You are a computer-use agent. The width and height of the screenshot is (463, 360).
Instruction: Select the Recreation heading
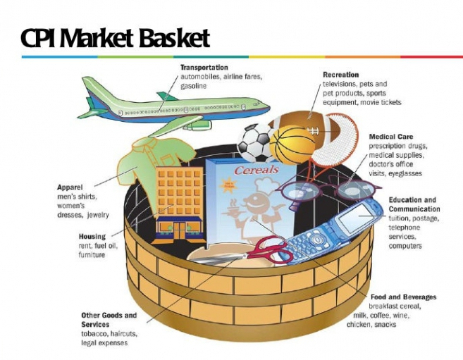tap(340, 75)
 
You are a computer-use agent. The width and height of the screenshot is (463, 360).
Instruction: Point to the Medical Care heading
tap(390, 137)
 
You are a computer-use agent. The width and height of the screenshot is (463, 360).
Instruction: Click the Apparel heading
tap(71, 187)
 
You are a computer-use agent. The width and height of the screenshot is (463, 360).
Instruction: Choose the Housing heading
tap(92, 237)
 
